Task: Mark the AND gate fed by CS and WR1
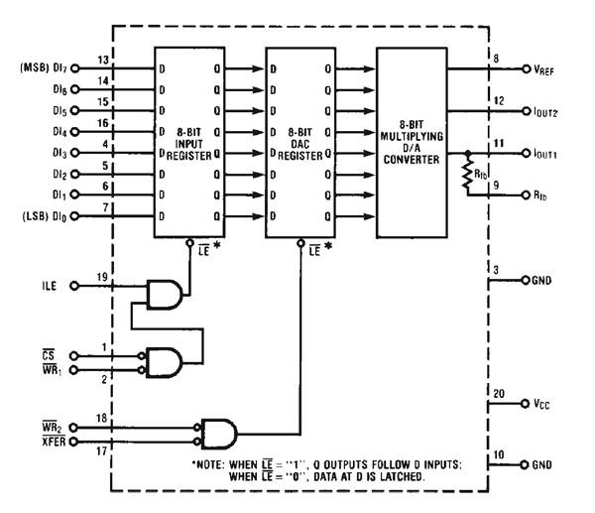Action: (x=164, y=360)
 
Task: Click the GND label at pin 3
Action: (x=550, y=281)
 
